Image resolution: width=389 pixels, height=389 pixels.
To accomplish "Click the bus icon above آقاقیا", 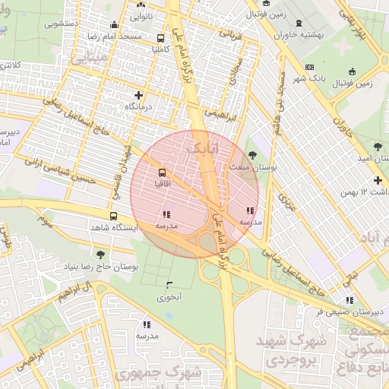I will pos(160,172).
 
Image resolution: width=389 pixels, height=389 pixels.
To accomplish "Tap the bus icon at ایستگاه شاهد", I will pos(113,216).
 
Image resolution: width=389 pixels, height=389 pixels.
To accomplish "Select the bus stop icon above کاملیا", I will pos(160,37).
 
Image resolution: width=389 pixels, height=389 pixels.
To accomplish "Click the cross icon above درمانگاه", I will pos(138,95).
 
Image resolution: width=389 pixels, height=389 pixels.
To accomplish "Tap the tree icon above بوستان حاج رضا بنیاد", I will pos(100,255).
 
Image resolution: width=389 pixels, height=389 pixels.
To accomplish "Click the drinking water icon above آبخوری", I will pos(169,285).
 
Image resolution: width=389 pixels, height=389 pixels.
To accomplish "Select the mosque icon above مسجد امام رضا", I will pos(114,24).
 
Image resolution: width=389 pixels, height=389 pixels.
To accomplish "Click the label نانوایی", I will pos(141,14).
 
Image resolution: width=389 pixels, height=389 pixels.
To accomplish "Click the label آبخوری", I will pos(169,297).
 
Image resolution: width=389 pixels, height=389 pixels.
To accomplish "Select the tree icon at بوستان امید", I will pos(378,144).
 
